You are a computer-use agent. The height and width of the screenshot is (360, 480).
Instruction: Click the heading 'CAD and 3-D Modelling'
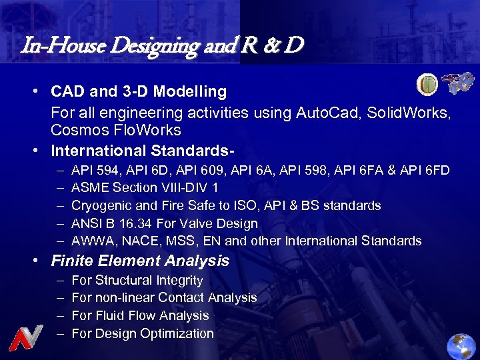[x=139, y=91]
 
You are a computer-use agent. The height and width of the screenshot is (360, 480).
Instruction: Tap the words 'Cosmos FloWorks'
[x=115, y=129]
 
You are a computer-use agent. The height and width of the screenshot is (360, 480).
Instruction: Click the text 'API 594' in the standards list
[x=92, y=171]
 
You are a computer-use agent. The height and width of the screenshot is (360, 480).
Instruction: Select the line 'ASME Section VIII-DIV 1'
[x=145, y=188]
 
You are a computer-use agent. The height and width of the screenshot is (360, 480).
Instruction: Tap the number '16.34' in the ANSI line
[x=130, y=223]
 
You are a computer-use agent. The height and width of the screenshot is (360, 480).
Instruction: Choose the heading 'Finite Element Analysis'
[x=140, y=261]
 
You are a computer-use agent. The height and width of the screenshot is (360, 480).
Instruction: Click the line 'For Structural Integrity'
[x=137, y=281]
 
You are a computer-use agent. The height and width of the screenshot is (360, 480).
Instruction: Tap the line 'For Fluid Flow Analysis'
[x=140, y=316]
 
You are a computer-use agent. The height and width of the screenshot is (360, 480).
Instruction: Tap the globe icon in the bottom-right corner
[x=461, y=345]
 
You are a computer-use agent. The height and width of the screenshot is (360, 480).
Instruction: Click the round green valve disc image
[x=427, y=85]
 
